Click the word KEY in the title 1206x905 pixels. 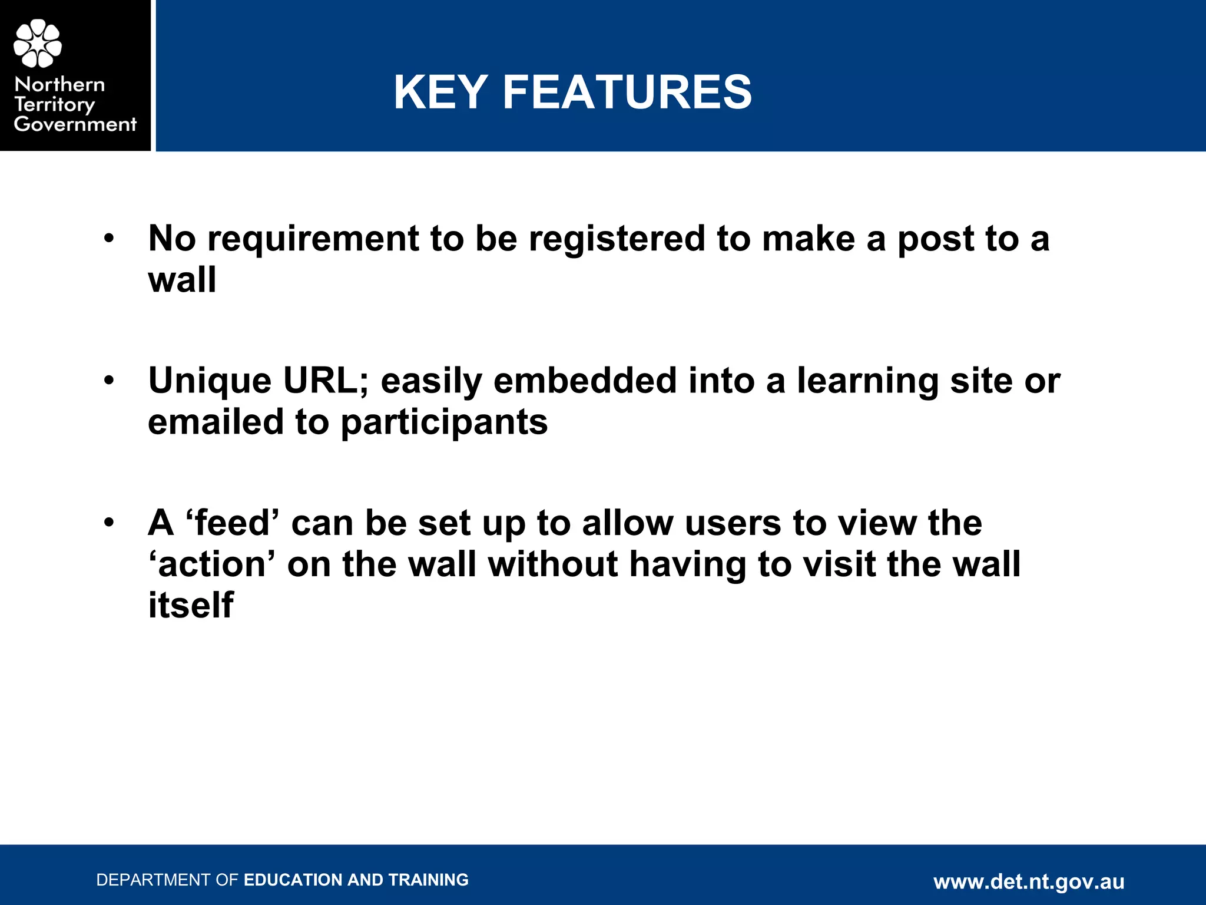tap(440, 93)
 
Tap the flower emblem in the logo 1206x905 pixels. tap(38, 43)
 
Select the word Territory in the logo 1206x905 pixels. tap(54, 104)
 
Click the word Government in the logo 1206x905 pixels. tap(75, 124)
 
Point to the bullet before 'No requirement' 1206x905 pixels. tap(109, 239)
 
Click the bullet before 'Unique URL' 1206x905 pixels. tap(109, 381)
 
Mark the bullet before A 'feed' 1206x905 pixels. tap(109, 523)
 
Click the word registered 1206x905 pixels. tap(617, 239)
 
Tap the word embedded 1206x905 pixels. tap(585, 381)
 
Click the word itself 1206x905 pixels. tap(190, 606)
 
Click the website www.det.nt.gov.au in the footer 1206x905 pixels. tap(1029, 881)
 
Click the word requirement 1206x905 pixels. tap(313, 239)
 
